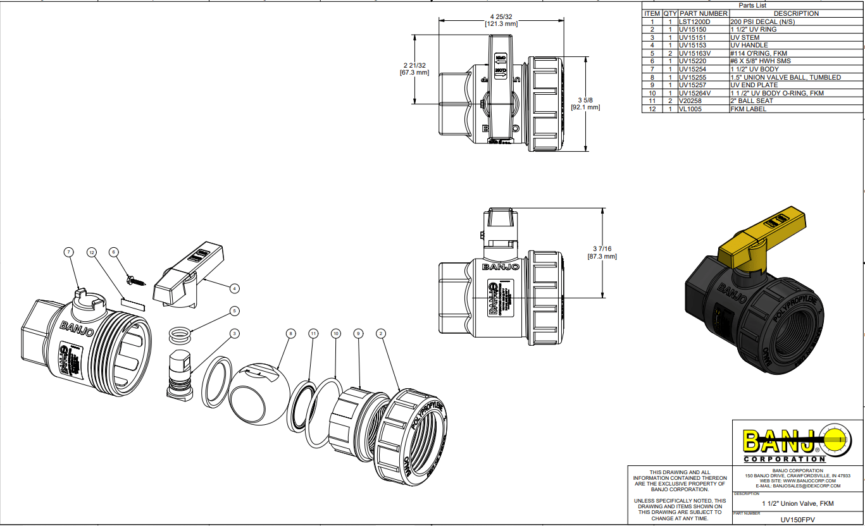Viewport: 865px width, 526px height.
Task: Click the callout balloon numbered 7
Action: click(68, 252)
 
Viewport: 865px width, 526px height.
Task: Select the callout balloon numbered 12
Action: click(92, 252)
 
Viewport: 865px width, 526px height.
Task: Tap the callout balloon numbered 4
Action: click(235, 288)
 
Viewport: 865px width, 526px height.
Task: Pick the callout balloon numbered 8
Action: click(290, 333)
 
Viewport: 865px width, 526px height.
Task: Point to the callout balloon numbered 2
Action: click(381, 333)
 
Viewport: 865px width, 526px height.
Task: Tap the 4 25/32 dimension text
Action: click(501, 16)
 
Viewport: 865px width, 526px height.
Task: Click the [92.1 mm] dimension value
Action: click(585, 107)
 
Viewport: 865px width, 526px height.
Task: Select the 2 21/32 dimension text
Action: click(414, 65)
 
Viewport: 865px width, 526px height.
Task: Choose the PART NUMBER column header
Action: click(703, 13)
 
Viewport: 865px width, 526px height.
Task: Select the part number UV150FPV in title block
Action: click(797, 519)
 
